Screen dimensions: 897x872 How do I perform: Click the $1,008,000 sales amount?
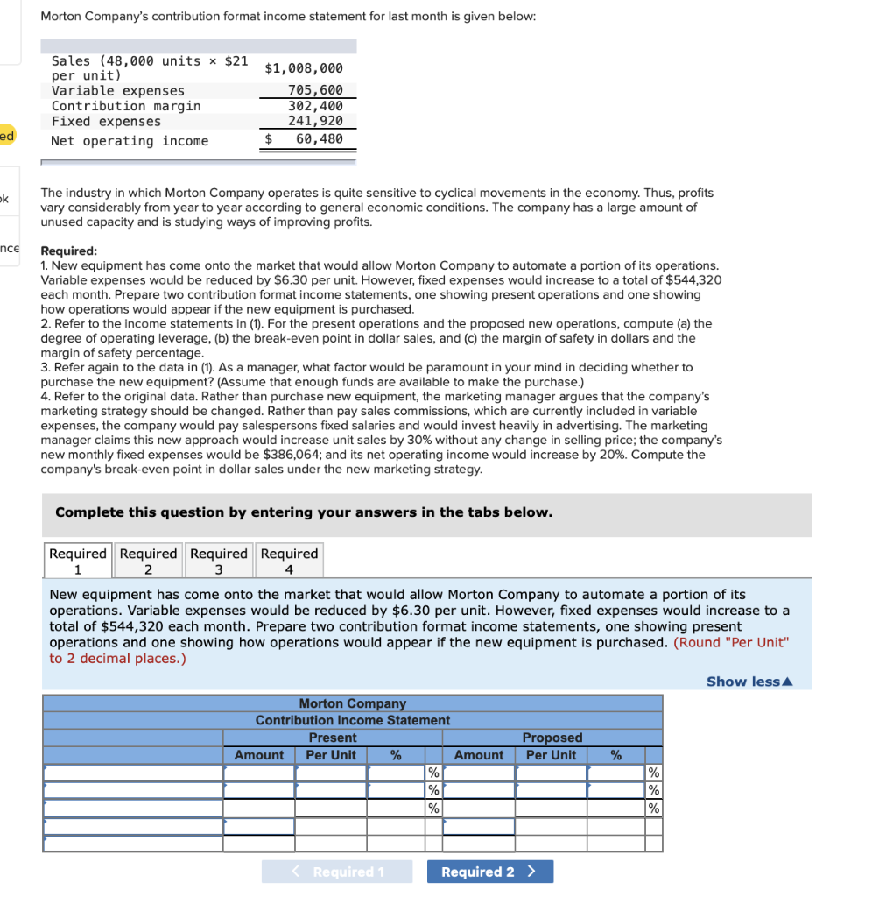pos(304,67)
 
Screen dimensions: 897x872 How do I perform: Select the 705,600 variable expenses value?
pos(315,90)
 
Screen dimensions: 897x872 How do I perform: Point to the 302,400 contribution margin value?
pos(315,106)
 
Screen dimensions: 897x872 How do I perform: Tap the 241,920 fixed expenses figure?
pos(315,121)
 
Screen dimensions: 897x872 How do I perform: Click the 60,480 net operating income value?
pos(319,139)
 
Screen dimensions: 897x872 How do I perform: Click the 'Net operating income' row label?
pos(130,141)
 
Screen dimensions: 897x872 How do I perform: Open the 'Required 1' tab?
pos(78,561)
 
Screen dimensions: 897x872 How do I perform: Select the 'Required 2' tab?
pos(148,561)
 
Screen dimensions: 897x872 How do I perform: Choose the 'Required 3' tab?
pos(219,561)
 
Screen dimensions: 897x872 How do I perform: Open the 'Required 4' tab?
pos(289,561)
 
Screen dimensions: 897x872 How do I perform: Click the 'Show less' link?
pos(749,682)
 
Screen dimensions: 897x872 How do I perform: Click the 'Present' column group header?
pos(333,738)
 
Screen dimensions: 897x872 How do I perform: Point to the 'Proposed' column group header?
pos(552,738)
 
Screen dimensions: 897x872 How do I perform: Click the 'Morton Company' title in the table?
pos(353,703)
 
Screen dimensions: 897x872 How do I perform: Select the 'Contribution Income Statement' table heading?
pos(353,720)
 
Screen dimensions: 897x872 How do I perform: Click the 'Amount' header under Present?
pos(259,755)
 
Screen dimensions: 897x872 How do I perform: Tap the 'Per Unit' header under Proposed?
pos(551,755)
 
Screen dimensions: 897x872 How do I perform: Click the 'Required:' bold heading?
pos(69,251)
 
